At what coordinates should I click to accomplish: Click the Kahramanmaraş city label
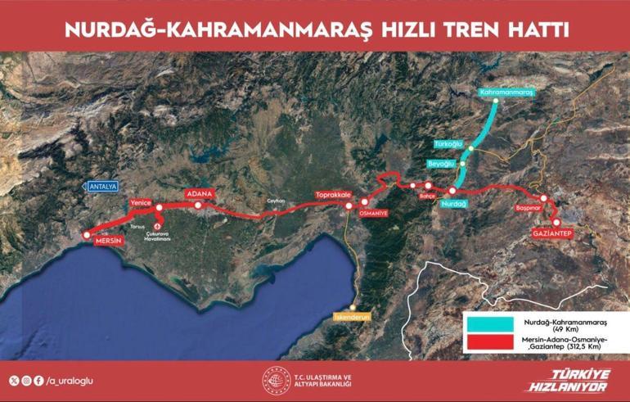point(507,94)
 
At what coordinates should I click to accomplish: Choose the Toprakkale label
point(334,196)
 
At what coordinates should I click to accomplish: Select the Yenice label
point(142,201)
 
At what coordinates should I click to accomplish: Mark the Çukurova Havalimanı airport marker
point(158,219)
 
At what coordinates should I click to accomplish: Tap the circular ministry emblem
point(275,378)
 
